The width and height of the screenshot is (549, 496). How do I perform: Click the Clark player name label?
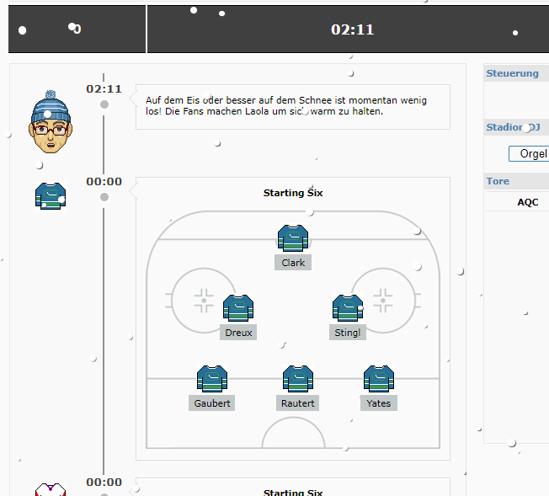click(x=293, y=263)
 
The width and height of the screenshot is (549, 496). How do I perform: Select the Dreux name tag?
click(x=238, y=333)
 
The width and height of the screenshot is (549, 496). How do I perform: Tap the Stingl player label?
click(x=347, y=333)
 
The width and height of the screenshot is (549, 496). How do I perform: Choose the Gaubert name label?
click(x=212, y=403)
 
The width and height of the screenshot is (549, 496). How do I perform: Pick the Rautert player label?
click(x=297, y=403)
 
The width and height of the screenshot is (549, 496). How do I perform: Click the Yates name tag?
click(x=378, y=403)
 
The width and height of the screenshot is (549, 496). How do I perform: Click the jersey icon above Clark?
click(x=293, y=238)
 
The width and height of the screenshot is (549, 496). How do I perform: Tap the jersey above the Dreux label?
click(x=238, y=308)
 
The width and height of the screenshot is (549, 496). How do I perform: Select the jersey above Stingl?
click(x=348, y=308)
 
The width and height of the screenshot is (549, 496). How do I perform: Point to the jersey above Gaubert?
click(x=212, y=379)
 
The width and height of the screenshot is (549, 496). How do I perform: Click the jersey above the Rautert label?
click(x=298, y=379)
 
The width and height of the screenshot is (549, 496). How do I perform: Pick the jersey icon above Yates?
click(x=379, y=379)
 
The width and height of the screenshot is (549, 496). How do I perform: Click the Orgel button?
click(x=529, y=154)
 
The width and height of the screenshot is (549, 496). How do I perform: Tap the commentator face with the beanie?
click(x=51, y=122)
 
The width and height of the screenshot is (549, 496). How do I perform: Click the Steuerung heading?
click(x=512, y=73)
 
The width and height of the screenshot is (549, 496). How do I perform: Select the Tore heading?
click(x=498, y=181)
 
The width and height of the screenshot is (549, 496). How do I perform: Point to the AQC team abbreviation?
click(x=528, y=202)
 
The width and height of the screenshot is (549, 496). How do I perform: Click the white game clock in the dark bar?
click(x=353, y=29)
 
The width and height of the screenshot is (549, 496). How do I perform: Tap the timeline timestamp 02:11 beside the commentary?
click(x=104, y=89)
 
